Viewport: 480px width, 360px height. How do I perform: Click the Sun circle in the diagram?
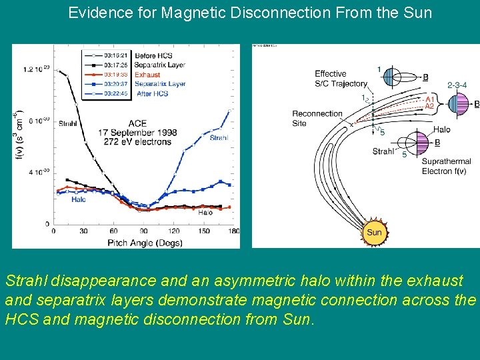point(374,231)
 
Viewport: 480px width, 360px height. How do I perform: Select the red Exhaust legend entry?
point(147,75)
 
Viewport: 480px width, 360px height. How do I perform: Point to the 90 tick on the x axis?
point(143,231)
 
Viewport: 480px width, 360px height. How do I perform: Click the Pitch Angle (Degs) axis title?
point(144,243)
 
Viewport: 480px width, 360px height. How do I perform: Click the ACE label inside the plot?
point(137,123)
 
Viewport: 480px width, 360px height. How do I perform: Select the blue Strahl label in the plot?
point(219,138)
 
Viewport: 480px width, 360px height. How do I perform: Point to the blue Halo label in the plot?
point(78,199)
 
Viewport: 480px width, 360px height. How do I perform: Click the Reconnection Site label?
point(317,118)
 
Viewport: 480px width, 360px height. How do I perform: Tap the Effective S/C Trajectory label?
point(341,79)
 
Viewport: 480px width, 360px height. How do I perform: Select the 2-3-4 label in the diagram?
point(457,85)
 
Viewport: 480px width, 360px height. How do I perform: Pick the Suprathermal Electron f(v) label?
point(447,166)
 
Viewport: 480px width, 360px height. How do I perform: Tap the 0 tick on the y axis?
point(46,224)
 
